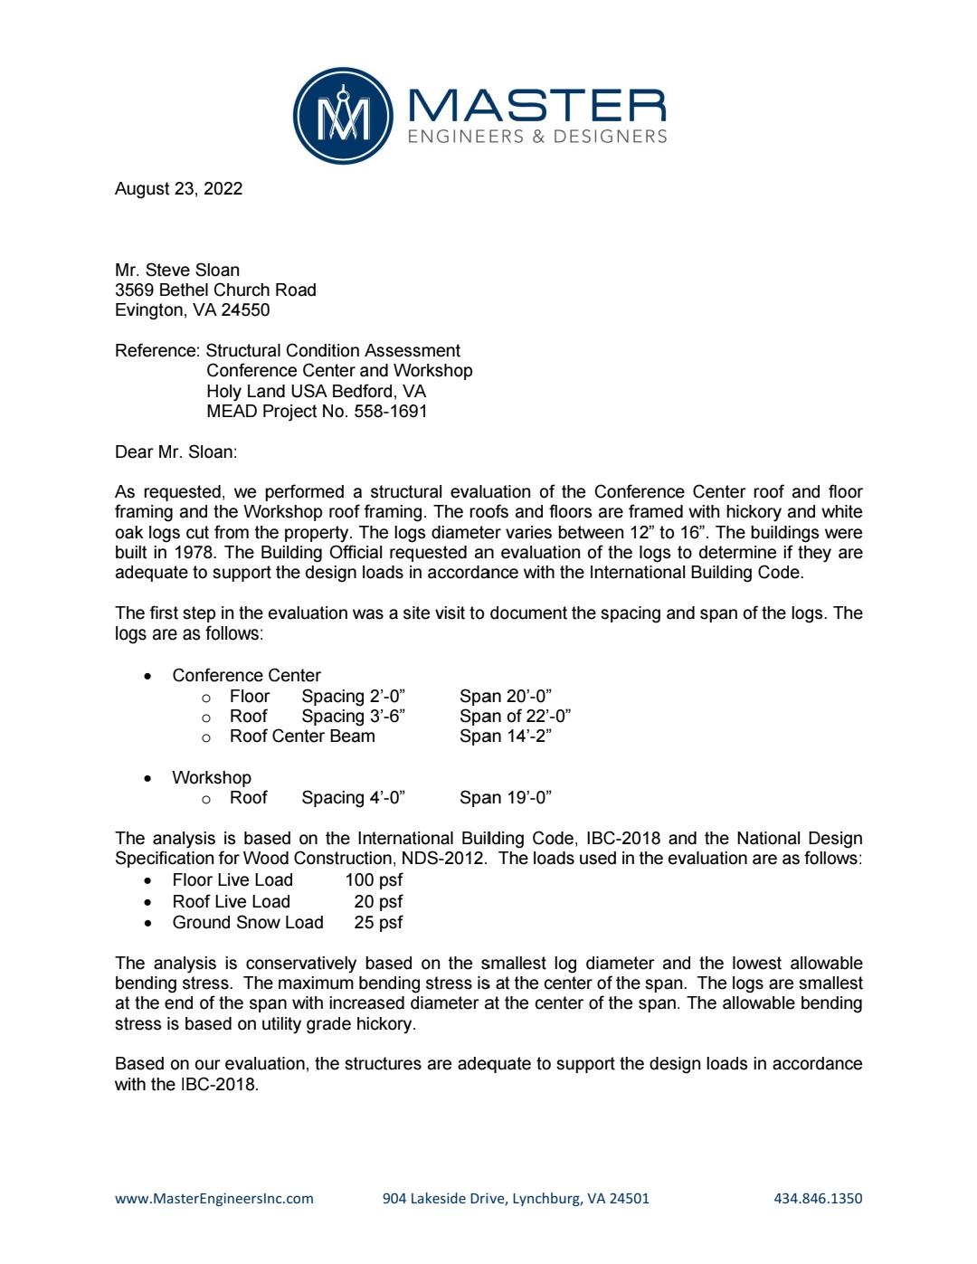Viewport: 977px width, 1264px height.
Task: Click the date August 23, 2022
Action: [x=178, y=188]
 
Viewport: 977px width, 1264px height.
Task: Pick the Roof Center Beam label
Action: [x=302, y=736]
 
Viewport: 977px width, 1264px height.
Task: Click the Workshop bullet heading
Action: [x=212, y=777]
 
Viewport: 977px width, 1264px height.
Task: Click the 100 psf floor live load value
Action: [x=374, y=879]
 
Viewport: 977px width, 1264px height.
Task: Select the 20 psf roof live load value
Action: [x=378, y=901]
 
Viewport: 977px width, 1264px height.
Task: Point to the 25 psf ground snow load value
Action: [x=378, y=922]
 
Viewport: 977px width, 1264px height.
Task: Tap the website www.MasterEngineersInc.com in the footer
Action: [x=214, y=1198]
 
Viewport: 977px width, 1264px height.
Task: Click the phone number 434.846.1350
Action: [x=818, y=1198]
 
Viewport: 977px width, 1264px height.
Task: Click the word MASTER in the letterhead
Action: [x=537, y=107]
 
